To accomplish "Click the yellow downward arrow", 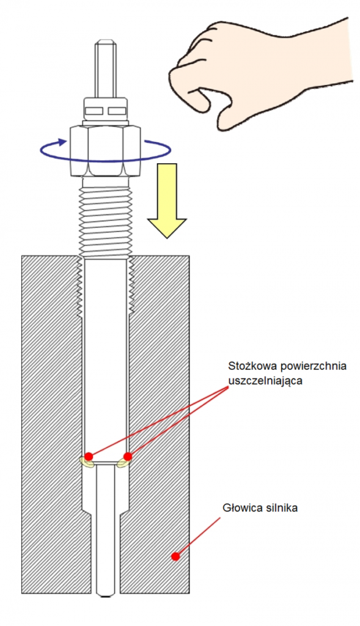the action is coord(166,201).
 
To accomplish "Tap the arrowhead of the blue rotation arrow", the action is coord(62,142).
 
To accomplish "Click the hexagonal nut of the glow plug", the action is coord(105,150).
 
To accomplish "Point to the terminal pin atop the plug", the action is coord(106,68).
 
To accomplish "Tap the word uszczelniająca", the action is coord(265,381).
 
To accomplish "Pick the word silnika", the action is coord(281,508).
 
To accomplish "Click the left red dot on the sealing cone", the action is coord(89,456).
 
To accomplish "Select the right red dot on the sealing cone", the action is coord(128,456).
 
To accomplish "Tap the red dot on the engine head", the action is coord(175,556).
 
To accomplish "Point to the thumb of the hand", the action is coord(196,98).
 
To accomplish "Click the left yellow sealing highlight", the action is coord(87,462).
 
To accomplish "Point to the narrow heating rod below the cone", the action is coord(106,529).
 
